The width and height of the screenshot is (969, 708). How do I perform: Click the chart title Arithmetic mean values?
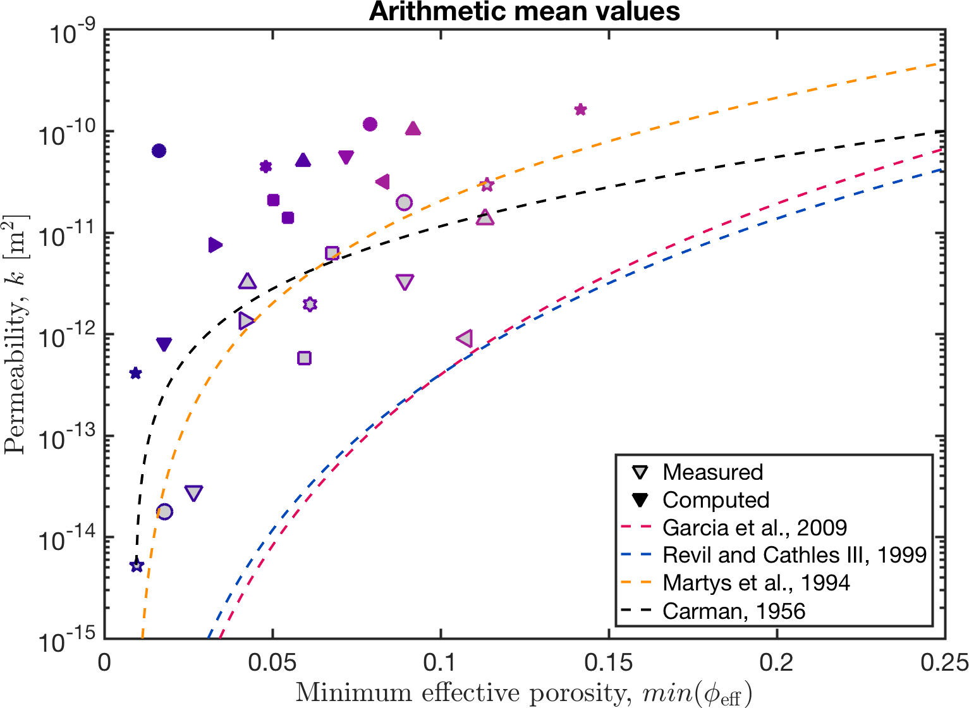click(524, 11)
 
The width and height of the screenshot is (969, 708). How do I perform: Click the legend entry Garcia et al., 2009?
click(754, 527)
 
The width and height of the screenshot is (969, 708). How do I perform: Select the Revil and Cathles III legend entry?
click(794, 555)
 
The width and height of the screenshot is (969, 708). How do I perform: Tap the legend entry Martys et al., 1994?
click(755, 583)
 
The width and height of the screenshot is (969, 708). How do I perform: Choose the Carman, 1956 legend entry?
click(733, 611)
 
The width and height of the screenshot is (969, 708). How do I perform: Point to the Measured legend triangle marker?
click(640, 472)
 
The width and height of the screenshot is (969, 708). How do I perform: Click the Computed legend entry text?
click(716, 500)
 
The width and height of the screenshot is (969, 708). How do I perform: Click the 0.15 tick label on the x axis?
click(608, 662)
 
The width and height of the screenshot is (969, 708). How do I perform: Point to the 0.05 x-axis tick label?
click(272, 662)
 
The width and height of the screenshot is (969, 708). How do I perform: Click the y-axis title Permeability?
click(15, 335)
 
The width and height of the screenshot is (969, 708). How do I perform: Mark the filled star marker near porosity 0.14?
click(580, 110)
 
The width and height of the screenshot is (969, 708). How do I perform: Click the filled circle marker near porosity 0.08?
click(370, 124)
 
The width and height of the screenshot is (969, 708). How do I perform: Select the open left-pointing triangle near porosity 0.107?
click(465, 339)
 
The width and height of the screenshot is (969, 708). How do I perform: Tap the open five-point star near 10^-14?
click(137, 566)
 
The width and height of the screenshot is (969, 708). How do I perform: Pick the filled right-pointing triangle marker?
click(216, 245)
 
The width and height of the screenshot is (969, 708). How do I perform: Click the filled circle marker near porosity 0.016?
click(159, 150)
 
